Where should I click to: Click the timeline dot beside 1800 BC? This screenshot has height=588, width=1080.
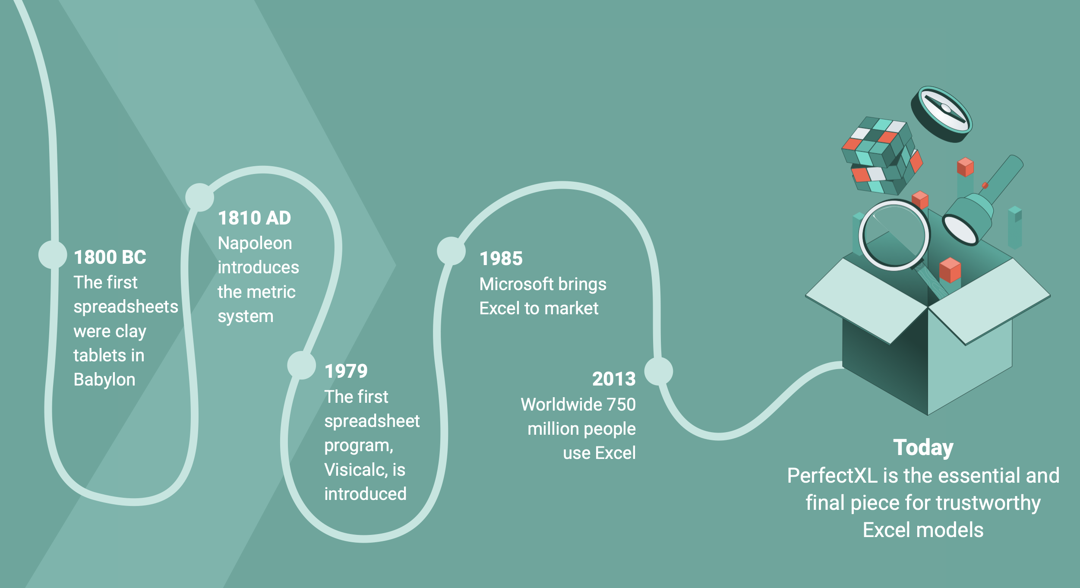(x=53, y=254)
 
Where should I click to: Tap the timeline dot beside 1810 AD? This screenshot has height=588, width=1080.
(x=199, y=197)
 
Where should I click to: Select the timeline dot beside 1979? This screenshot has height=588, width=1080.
(x=302, y=365)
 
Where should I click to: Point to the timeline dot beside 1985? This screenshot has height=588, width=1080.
(x=451, y=251)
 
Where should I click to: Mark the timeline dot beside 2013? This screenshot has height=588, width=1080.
(x=659, y=371)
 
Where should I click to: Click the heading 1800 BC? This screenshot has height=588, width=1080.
(x=110, y=257)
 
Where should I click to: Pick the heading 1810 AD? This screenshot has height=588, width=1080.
(x=255, y=218)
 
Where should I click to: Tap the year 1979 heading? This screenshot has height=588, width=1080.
(x=346, y=371)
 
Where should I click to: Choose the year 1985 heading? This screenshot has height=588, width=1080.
(x=501, y=259)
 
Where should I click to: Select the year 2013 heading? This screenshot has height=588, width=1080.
(x=614, y=379)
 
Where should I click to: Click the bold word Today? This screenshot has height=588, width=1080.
(x=923, y=448)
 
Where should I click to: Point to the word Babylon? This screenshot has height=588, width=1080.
(x=104, y=380)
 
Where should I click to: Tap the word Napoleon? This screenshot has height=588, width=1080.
(x=255, y=243)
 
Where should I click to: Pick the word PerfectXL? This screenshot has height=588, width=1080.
(x=832, y=476)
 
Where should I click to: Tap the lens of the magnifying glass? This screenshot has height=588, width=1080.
(x=894, y=235)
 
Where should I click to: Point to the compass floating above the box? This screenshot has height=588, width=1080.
(x=941, y=114)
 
